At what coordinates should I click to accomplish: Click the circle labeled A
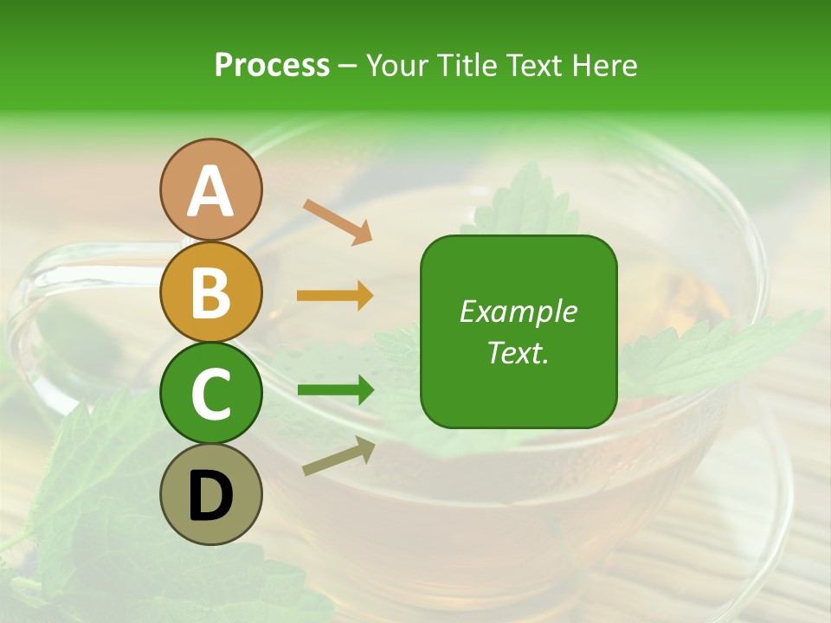210,189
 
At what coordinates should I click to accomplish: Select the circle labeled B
210,292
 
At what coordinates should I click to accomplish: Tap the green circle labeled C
210,394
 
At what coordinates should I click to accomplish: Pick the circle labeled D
210,495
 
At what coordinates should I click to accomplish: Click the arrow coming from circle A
338,222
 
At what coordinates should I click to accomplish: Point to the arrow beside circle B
335,296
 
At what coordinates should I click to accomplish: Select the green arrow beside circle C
335,390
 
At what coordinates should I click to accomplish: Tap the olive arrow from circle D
338,456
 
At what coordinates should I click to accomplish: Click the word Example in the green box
519,311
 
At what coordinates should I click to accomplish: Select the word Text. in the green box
519,352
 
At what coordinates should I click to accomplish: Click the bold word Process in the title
272,65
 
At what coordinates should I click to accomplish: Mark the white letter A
210,191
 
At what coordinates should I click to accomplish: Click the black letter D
210,496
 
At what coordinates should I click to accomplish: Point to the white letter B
210,292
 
